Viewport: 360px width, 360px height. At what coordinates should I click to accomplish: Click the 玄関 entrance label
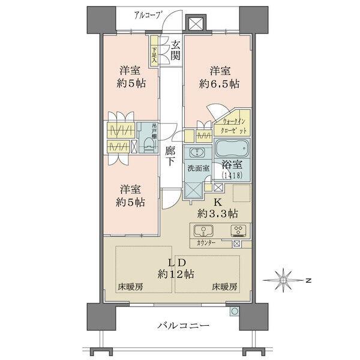pos(175,50)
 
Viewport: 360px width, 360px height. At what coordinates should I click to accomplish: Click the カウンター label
pos(206,244)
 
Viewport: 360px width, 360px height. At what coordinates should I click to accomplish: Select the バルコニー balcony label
pos(183,326)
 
